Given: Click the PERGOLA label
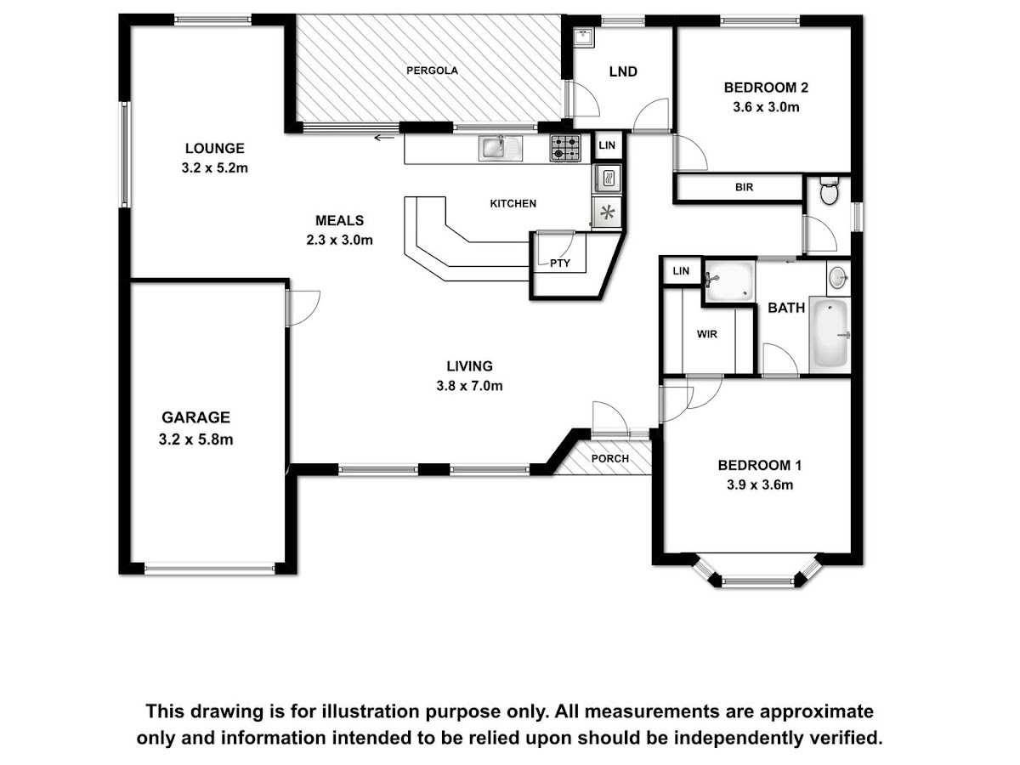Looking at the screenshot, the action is [x=432, y=71].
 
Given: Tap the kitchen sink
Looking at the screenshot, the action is [x=500, y=149].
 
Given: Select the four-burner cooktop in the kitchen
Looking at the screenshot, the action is [x=565, y=148].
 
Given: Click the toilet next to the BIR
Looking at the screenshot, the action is [x=829, y=190].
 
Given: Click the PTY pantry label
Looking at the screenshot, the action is [x=559, y=263].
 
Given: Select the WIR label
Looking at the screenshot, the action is [x=706, y=334].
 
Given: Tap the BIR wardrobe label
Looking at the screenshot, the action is [x=744, y=187].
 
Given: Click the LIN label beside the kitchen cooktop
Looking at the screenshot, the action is [x=607, y=145].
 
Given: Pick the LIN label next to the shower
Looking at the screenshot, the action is [x=681, y=271].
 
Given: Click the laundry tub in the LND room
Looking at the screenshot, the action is [x=583, y=37].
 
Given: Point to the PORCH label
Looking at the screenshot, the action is [x=609, y=459].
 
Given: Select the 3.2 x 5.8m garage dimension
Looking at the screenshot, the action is [x=195, y=439].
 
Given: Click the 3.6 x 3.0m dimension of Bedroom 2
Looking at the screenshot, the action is [x=766, y=107].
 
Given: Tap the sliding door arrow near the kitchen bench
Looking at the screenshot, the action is [x=384, y=138].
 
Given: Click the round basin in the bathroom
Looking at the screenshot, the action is [x=839, y=278].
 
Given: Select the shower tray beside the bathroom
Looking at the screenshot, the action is [x=729, y=281].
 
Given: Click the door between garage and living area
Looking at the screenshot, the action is [x=303, y=309].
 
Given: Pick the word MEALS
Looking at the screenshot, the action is [x=339, y=220].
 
